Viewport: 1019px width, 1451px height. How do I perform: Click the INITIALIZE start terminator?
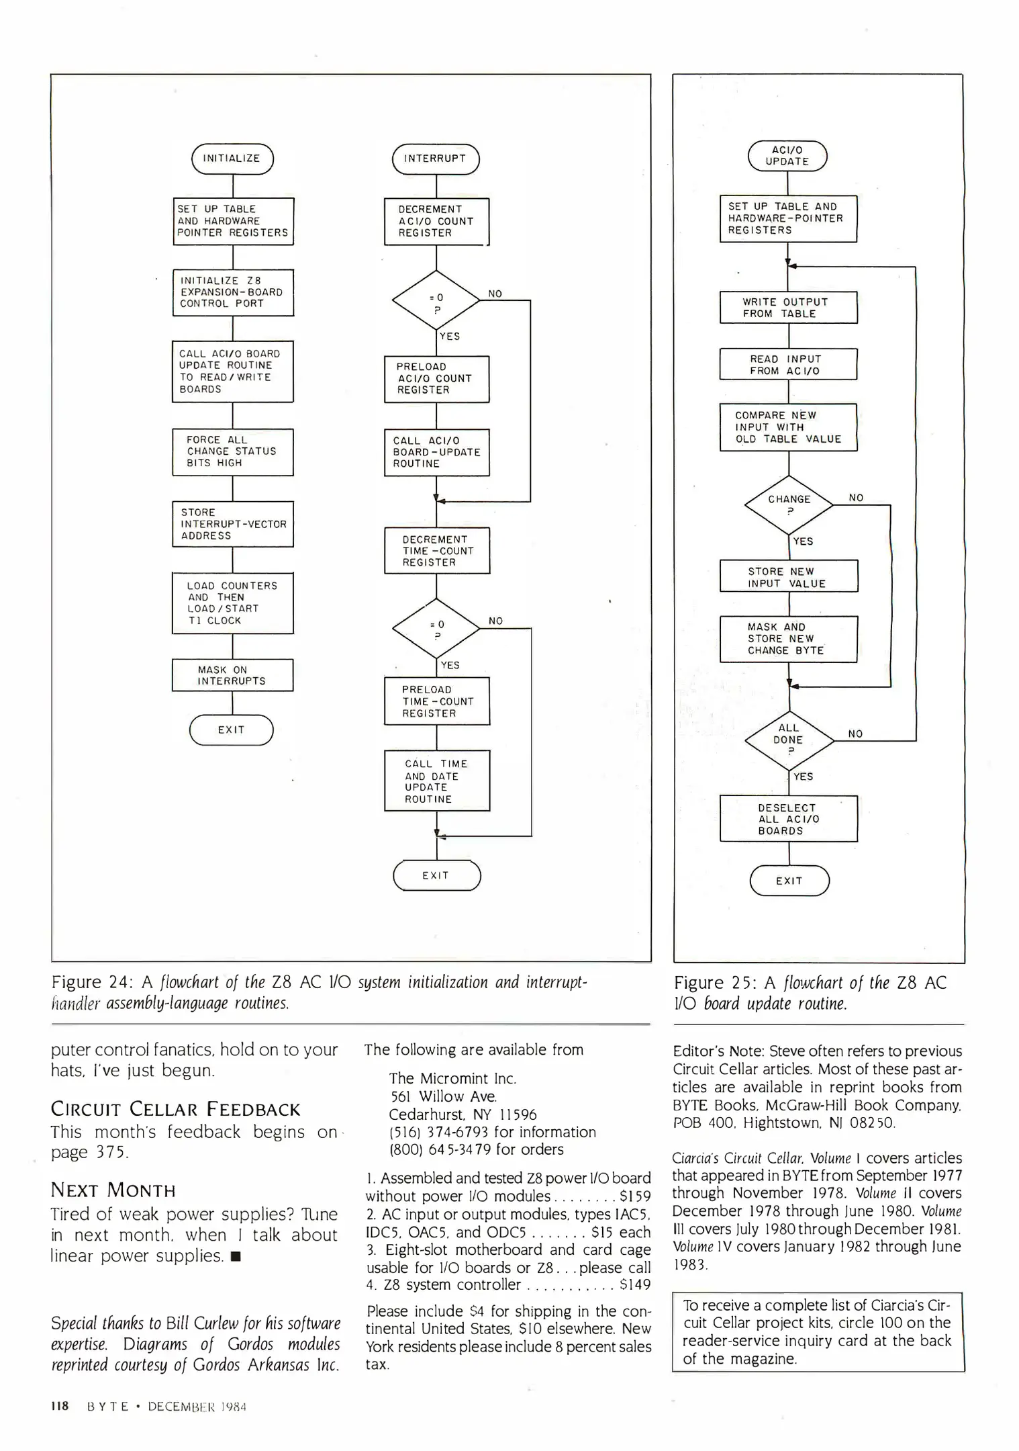coord(232,159)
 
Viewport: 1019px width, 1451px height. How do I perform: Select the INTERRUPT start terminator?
coord(436,159)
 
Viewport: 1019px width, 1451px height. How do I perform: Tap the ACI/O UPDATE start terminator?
coord(787,156)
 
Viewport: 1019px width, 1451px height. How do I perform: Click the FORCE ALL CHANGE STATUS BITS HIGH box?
coord(232,451)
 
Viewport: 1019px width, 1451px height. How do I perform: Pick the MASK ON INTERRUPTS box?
coord(232,675)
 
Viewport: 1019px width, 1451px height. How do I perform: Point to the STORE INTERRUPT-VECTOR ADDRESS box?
coord(232,524)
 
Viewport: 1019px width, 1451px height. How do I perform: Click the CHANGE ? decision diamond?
coord(789,504)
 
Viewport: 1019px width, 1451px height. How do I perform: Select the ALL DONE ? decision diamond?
coord(789,739)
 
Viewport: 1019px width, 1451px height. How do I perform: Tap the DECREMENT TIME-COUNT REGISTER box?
coord(437,551)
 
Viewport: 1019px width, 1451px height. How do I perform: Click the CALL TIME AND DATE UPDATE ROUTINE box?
coord(437,781)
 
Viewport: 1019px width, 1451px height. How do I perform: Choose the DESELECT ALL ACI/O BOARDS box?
coord(789,819)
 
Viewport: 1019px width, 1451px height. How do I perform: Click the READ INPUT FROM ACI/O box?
coord(788,365)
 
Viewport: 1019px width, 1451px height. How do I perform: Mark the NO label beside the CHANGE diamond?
coord(856,498)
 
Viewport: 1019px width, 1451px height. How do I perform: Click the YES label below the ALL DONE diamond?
coord(803,777)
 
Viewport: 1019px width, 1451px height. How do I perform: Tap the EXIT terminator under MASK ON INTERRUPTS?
coord(232,730)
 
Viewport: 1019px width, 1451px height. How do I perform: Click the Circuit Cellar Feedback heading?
coord(175,1109)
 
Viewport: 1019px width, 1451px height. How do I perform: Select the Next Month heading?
coord(113,1190)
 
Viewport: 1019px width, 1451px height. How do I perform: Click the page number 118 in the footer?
coord(60,1406)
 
